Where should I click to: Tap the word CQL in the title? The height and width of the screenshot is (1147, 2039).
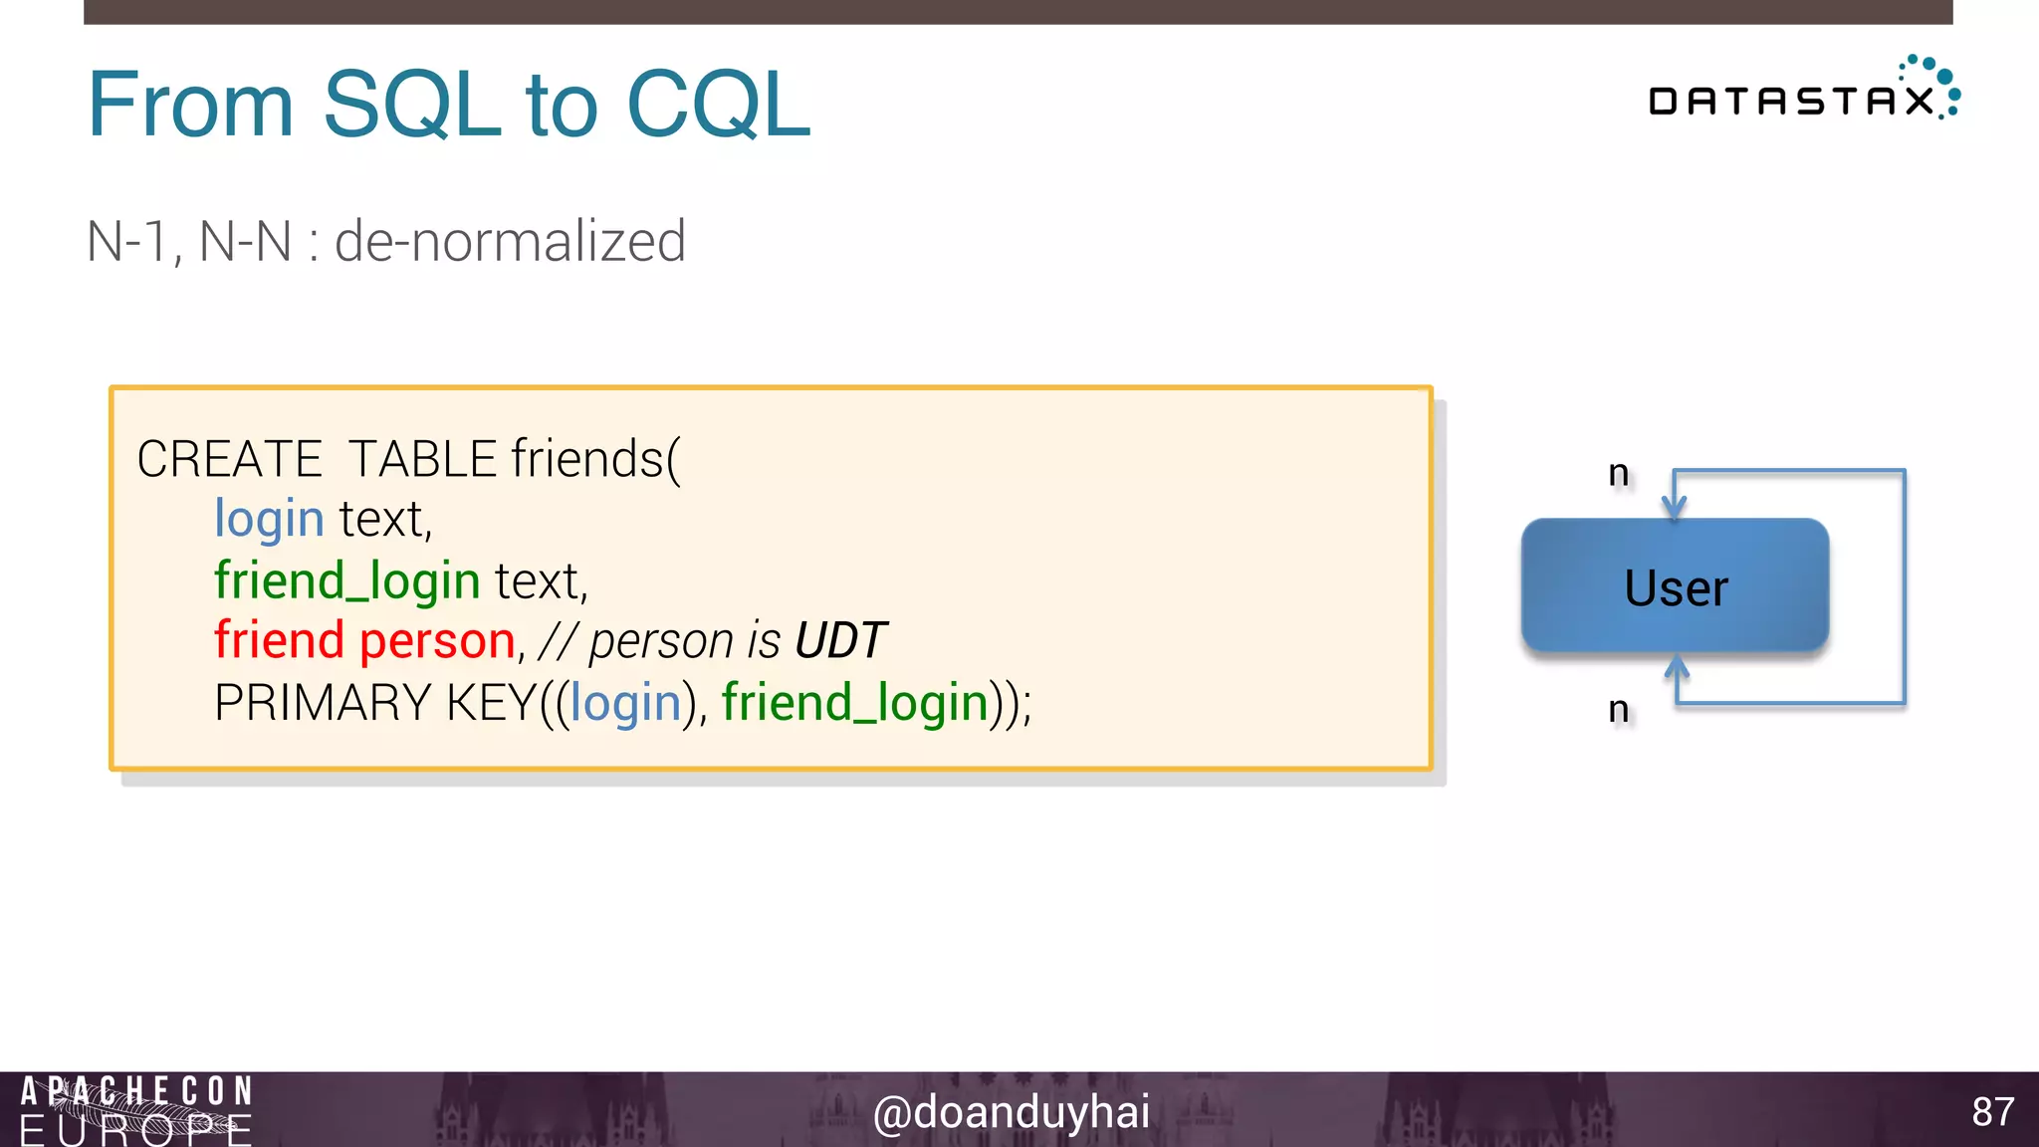(718, 105)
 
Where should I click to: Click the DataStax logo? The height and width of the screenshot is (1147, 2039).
(1803, 93)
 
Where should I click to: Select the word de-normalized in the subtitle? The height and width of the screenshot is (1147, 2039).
(510, 242)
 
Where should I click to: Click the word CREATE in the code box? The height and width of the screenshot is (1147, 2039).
(229, 460)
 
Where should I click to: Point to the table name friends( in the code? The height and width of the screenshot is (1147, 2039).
(595, 460)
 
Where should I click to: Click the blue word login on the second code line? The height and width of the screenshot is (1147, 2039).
(269, 520)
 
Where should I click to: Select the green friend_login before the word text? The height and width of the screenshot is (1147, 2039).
(347, 581)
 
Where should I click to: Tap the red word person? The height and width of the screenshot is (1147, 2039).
(437, 641)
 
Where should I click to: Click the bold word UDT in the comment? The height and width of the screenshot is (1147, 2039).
(840, 641)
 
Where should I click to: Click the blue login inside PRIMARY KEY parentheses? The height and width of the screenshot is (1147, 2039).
(625, 703)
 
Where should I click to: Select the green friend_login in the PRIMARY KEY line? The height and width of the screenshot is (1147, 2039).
(854, 703)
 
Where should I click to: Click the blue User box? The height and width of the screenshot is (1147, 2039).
(1675, 586)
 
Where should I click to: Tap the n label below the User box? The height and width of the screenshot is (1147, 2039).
(1619, 709)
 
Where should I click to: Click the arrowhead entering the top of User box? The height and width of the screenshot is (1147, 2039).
(1675, 509)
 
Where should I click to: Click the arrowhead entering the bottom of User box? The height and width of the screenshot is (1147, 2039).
(1677, 665)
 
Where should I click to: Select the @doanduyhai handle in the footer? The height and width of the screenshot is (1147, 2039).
(1011, 1112)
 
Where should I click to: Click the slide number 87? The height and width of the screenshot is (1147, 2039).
(1992, 1112)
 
